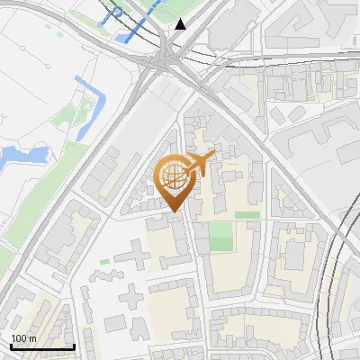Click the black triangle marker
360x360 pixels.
coord(181,24)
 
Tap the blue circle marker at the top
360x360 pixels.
coord(117,13)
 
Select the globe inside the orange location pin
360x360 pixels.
coord(172,177)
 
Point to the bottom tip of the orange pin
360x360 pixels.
coord(174,212)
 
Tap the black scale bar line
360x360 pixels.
coord(42,346)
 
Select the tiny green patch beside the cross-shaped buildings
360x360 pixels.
coord(105,262)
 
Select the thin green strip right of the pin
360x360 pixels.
coord(247,215)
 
